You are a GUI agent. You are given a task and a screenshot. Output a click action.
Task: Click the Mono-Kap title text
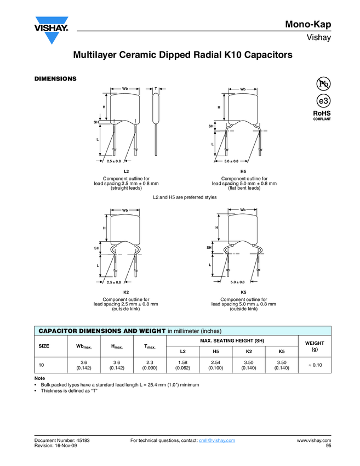308,24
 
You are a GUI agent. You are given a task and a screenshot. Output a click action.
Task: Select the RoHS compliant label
322,115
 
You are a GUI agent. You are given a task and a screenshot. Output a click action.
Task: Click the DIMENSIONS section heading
55,78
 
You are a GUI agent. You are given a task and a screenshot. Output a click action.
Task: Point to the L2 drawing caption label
126,172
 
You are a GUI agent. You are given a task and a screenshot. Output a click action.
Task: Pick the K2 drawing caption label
126,292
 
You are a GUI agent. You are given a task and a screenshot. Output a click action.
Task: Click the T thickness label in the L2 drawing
156,88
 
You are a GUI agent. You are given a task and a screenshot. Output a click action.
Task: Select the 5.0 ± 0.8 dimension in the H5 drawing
231,161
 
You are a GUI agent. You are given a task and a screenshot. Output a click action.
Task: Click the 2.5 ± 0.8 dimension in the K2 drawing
114,282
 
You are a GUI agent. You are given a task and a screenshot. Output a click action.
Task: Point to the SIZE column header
44,345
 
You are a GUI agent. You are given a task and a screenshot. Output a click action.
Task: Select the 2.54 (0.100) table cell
216,365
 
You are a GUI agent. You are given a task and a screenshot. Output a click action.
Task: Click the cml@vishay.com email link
216,440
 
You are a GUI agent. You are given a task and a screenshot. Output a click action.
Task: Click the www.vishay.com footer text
313,440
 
